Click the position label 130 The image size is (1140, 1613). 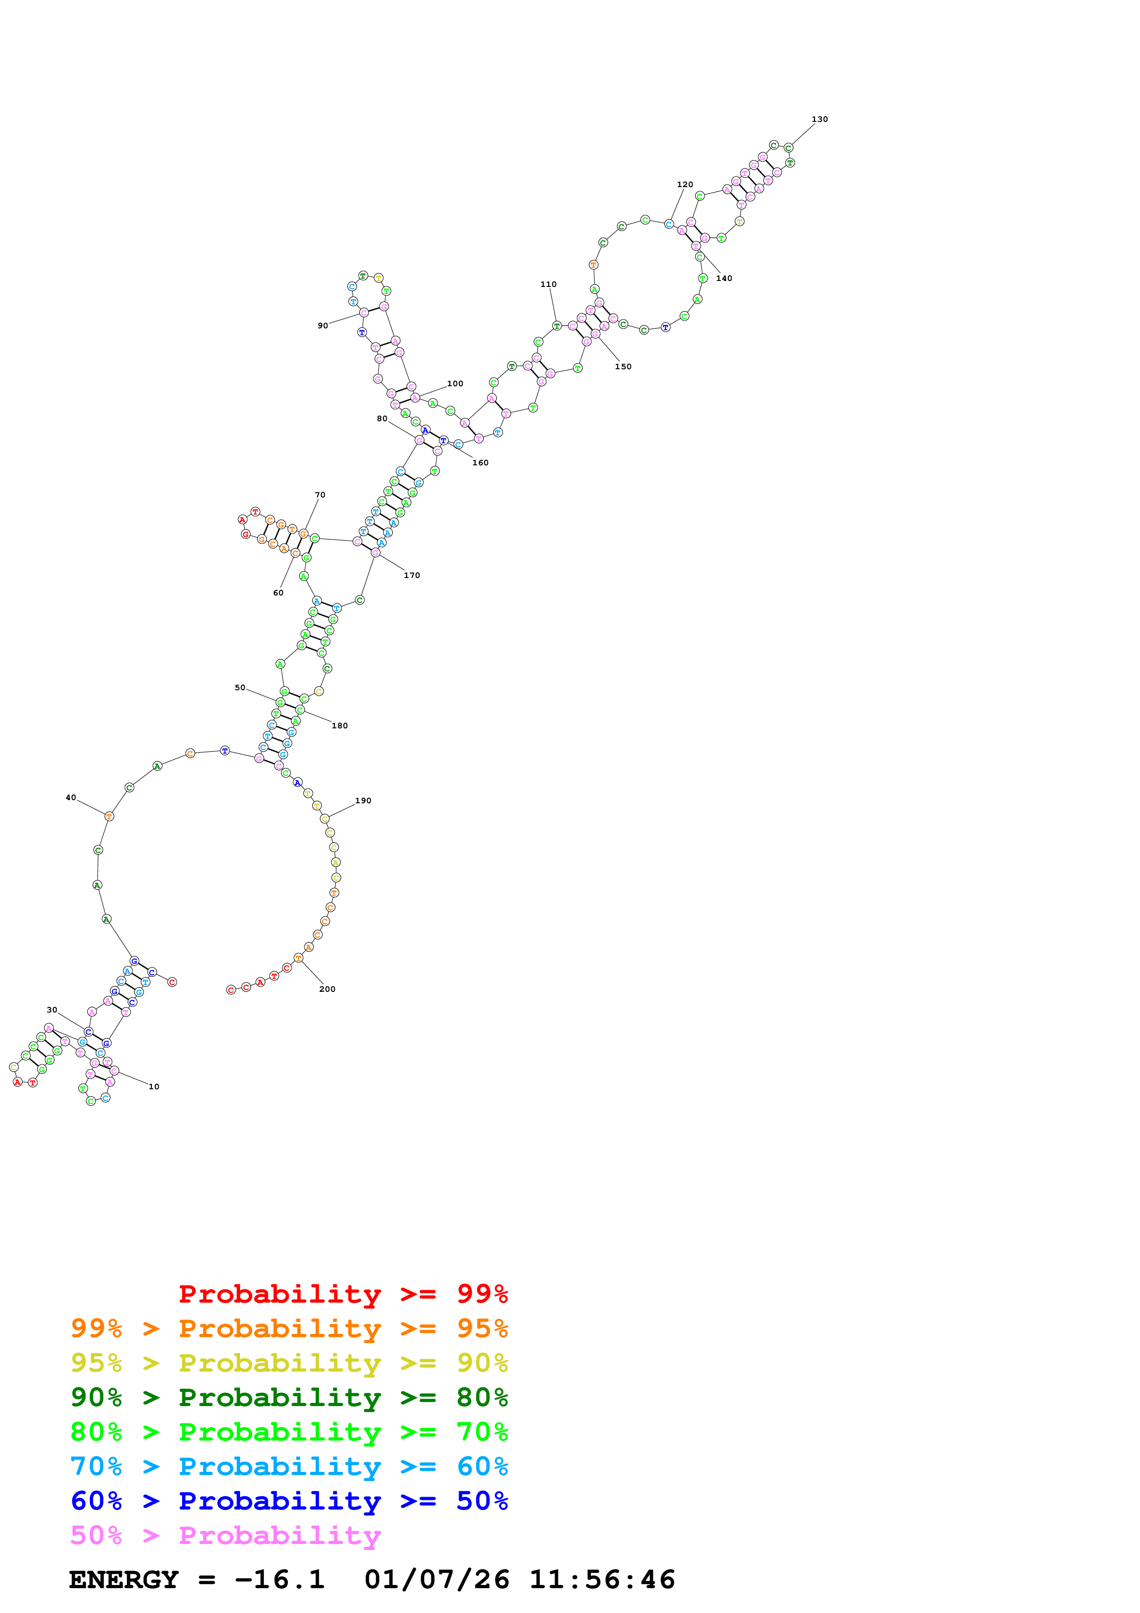coord(819,120)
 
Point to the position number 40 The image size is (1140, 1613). coord(70,798)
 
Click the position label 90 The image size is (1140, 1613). coord(322,326)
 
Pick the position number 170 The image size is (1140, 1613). coord(412,575)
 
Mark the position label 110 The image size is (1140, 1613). coord(548,285)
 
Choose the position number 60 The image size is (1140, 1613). coord(278,593)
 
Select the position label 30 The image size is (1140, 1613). coord(52,1010)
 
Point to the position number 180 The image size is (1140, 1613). coord(339,726)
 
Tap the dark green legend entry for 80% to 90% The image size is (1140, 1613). coord(289,1397)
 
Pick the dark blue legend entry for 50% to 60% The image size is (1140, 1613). coord(289,1501)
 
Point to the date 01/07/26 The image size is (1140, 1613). coord(436,1580)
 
